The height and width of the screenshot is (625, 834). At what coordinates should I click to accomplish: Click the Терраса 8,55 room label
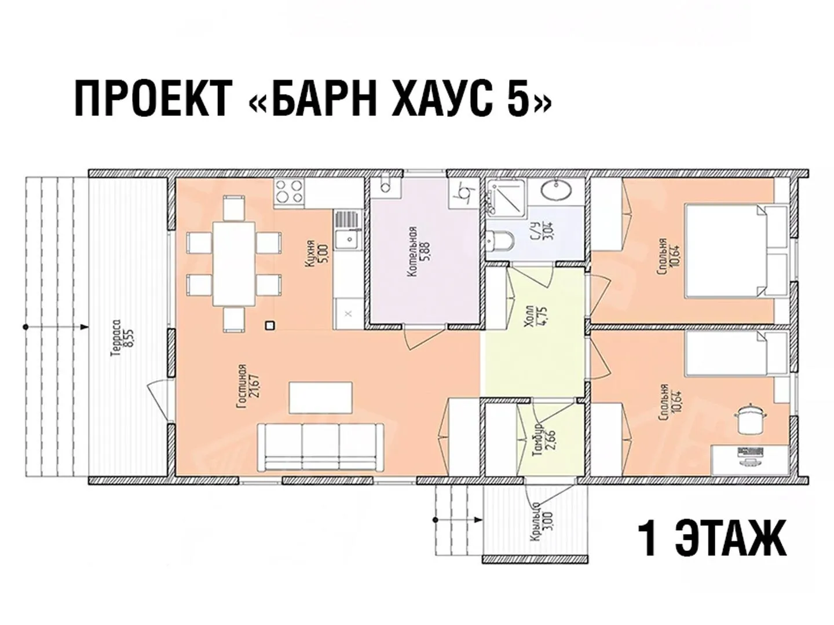tap(122, 339)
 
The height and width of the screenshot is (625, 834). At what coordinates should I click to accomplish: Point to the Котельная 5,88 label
tap(418, 252)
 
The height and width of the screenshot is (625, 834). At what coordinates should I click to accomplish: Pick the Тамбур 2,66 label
tap(544, 440)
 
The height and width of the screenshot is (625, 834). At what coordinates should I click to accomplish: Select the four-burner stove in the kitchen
tap(289, 191)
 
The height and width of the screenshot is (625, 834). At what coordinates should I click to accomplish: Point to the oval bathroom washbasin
tap(556, 190)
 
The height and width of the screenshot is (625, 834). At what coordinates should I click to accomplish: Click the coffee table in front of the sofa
tap(320, 398)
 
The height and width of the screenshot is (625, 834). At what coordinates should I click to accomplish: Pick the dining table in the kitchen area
tap(233, 264)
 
